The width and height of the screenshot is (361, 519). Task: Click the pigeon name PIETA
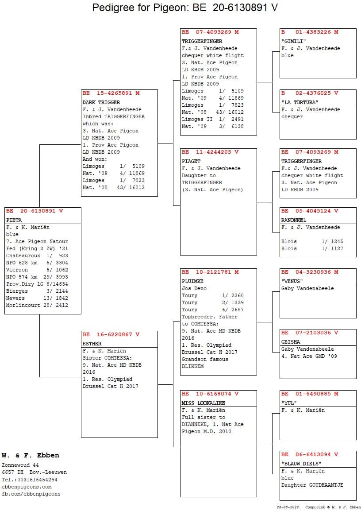coord(14,220)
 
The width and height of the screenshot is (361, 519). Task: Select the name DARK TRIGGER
coord(101,102)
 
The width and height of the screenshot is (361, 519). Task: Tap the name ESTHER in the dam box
coord(92,344)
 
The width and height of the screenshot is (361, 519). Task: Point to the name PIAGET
coord(191,161)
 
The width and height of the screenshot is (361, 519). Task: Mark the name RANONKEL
coord(293,220)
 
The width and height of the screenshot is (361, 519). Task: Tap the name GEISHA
coord(290,342)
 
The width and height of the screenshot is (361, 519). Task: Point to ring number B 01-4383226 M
coord(310,32)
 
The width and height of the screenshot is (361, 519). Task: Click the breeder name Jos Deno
coord(194,288)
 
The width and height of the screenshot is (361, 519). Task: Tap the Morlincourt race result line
coord(37,305)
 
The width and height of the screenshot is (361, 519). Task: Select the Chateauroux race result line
coord(37,256)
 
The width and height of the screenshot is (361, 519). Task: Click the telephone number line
coord(30,479)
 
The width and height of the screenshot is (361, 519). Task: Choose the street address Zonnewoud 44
coord(20,465)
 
